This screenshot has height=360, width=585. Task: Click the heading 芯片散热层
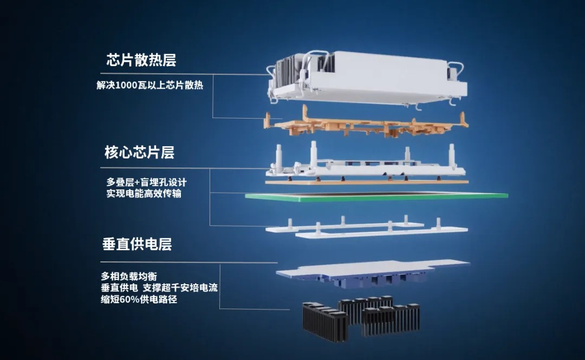pyautogui.click(x=141, y=60)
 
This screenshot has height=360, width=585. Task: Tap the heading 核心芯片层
pyautogui.click(x=139, y=152)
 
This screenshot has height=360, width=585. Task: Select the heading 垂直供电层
pyautogui.click(x=137, y=244)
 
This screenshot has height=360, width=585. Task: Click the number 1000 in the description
pyautogui.click(x=127, y=86)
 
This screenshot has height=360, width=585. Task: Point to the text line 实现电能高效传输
pyautogui.click(x=144, y=194)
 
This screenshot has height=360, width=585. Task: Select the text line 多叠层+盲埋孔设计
pyautogui.click(x=146, y=182)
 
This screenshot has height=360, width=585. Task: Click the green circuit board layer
pyautogui.click(x=376, y=197)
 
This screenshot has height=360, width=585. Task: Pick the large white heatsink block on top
pyautogui.click(x=367, y=79)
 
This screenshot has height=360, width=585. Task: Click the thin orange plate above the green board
pyautogui.click(x=367, y=182)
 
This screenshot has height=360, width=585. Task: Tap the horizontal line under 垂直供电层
pyautogui.click(x=189, y=262)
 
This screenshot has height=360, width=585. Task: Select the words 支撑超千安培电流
pyautogui.click(x=180, y=287)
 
